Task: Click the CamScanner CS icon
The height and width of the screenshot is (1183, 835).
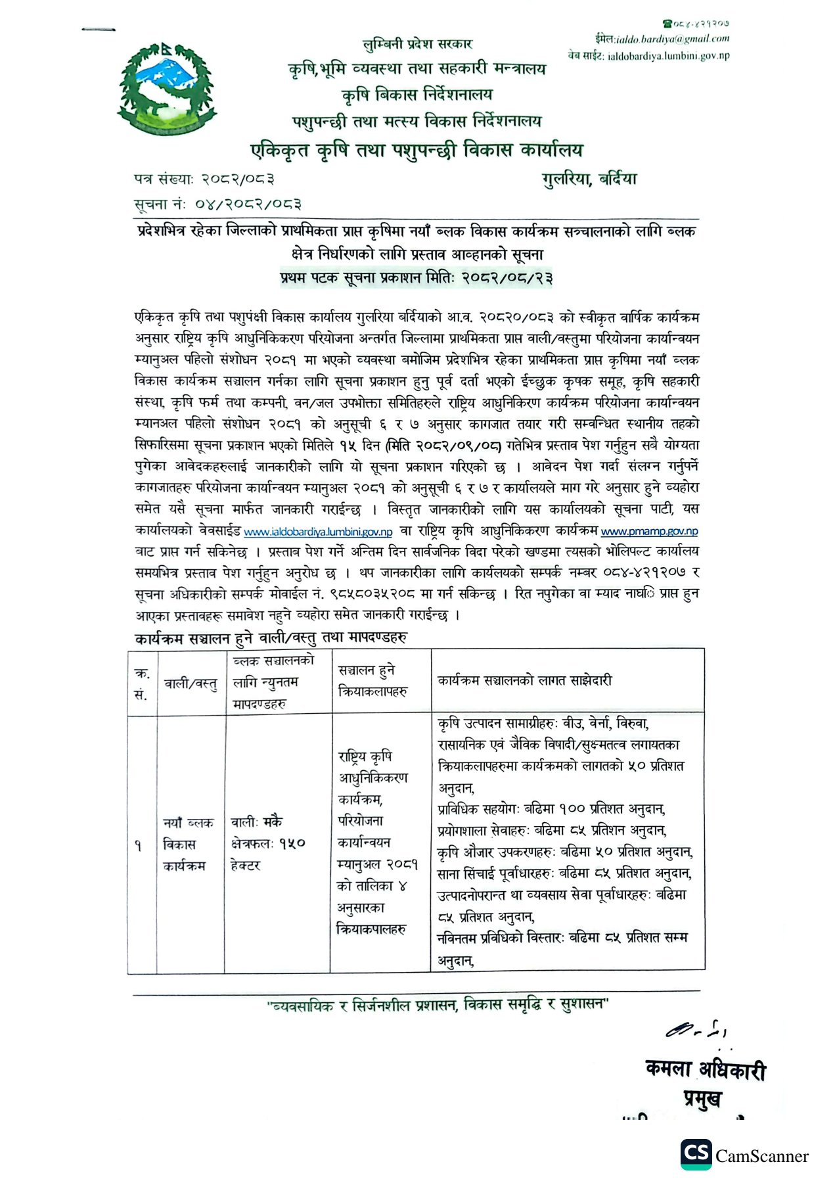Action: (696, 1155)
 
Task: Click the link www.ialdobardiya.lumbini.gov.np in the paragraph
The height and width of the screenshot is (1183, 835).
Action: (318, 532)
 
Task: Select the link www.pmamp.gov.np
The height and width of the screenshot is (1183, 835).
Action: (649, 531)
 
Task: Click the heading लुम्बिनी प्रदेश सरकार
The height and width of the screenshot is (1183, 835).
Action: (417, 44)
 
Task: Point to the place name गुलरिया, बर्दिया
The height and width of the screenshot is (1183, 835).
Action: (589, 179)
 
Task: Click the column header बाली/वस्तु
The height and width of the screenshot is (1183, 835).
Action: (191, 684)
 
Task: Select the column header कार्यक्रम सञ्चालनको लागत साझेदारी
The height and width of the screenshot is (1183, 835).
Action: (524, 681)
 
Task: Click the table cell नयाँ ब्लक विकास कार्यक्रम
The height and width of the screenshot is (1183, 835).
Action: (188, 844)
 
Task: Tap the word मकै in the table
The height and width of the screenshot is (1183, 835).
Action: (273, 822)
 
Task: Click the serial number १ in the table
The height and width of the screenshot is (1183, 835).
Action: (138, 845)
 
